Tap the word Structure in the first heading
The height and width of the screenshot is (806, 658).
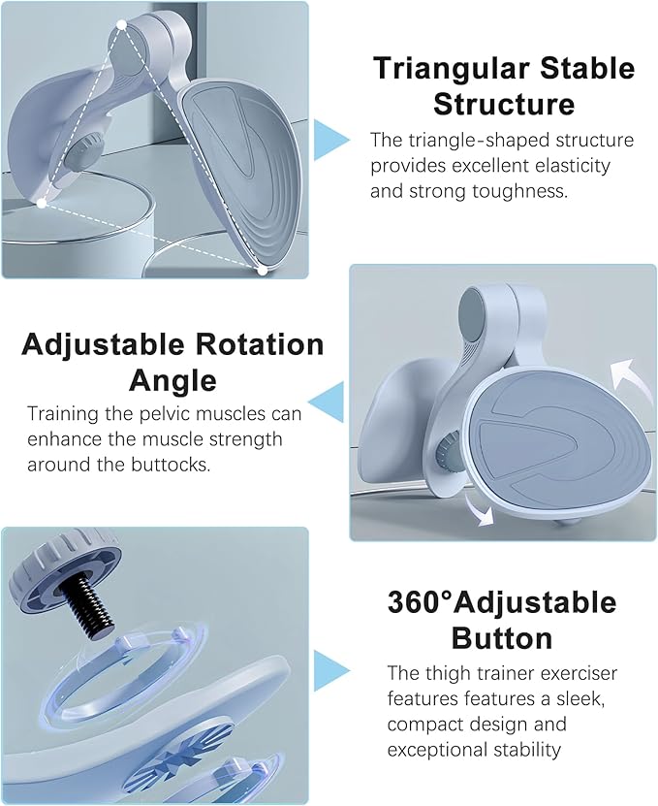503,104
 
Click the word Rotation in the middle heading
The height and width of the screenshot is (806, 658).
254,344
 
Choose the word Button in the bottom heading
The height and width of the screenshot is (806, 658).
502,637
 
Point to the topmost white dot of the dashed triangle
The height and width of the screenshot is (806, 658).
120,23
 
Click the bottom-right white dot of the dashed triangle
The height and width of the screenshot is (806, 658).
263,271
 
